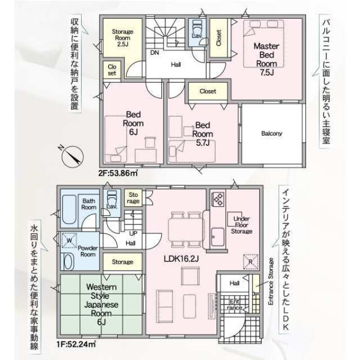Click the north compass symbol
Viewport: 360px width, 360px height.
(x=73, y=157)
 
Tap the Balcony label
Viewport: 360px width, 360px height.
(x=272, y=133)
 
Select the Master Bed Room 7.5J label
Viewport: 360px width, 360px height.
(x=266, y=59)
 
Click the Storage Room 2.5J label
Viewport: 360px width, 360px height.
(x=122, y=38)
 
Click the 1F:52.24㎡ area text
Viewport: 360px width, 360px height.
(x=76, y=344)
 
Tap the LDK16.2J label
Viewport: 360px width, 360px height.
(x=181, y=259)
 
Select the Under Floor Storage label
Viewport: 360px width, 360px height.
(x=242, y=225)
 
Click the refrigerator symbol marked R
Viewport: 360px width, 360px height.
(x=251, y=262)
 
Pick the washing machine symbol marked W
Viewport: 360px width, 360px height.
(x=69, y=241)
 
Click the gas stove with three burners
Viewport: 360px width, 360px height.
(x=218, y=199)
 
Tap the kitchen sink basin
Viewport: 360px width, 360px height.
(x=218, y=237)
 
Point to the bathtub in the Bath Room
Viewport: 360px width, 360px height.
(x=69, y=209)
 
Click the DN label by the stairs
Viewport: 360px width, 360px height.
(x=155, y=53)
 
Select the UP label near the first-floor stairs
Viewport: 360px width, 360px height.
(x=133, y=233)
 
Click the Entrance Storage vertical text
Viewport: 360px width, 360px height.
(x=271, y=281)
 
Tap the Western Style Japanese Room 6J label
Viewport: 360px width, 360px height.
(x=101, y=304)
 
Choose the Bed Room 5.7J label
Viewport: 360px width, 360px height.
(x=203, y=134)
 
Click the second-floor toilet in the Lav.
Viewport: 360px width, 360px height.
(x=197, y=28)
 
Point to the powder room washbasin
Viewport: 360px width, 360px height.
(x=67, y=261)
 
